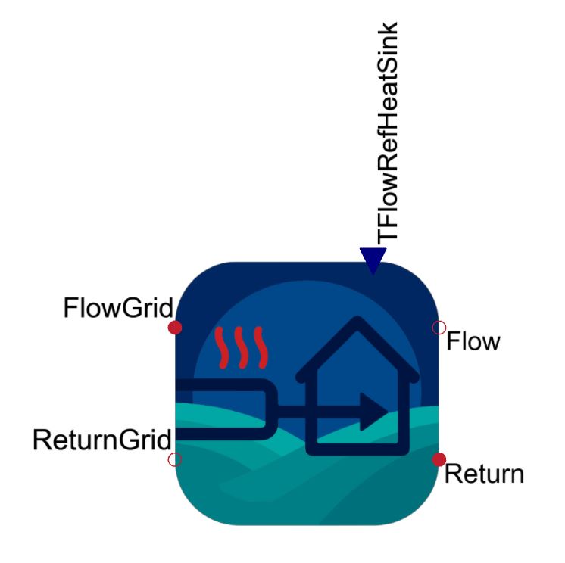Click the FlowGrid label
118,308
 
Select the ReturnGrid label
102,440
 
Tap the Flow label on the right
473,341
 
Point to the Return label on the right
484,474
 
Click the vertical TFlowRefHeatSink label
388,132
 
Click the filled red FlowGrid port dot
175,328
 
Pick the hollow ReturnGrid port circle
175,459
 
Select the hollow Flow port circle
439,328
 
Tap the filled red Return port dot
439,459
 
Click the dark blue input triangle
373,259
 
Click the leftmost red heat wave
221,348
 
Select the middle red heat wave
241,348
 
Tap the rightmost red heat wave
261,348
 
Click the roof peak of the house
357,320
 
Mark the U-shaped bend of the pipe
271,409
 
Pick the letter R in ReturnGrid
42,440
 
